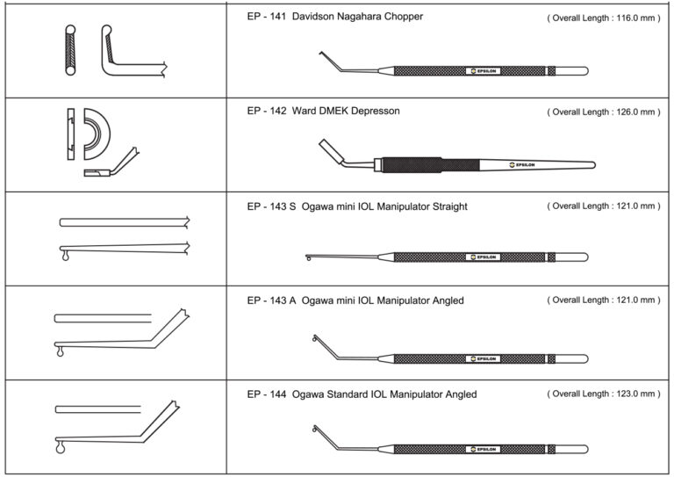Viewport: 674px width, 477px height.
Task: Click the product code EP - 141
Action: click(x=266, y=17)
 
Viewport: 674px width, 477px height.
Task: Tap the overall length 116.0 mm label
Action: click(x=601, y=18)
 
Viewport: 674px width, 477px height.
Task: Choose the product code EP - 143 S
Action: click(x=271, y=206)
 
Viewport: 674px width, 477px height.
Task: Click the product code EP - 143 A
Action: click(x=271, y=301)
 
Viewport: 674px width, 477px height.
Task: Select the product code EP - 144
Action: click(x=266, y=395)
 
